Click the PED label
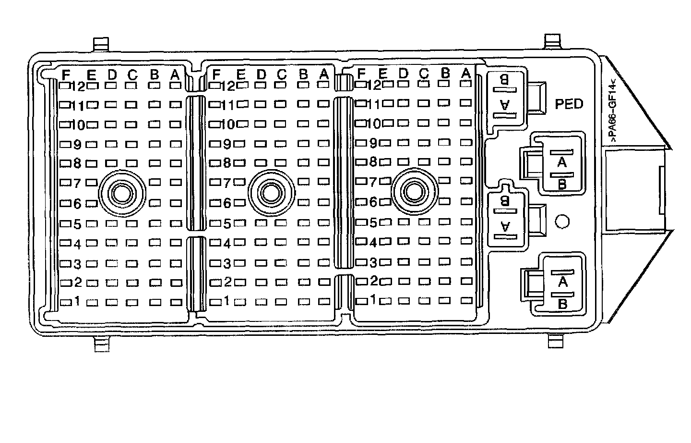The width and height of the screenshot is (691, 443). click(569, 103)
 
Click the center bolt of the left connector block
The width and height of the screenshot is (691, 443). click(121, 193)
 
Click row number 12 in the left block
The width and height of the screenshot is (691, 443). click(78, 86)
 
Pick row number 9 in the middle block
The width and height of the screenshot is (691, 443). click(227, 144)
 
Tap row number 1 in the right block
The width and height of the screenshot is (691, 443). click(373, 300)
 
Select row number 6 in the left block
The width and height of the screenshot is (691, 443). click(78, 204)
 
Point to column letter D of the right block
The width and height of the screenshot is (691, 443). click(403, 73)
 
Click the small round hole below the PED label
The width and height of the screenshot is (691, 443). click(562, 221)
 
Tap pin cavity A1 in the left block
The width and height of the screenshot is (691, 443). click(176, 303)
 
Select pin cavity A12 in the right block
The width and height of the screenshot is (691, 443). click(465, 84)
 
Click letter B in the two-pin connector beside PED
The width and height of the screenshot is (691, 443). click(504, 80)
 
